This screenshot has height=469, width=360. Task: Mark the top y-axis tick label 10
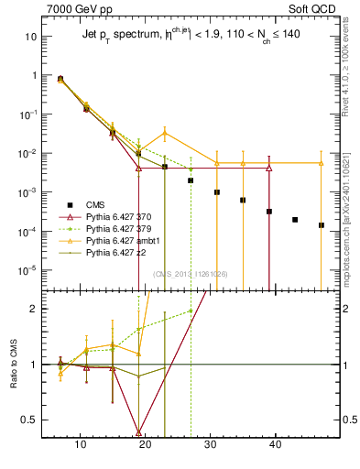click(x=31, y=37)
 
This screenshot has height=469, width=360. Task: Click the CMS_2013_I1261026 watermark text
click(x=191, y=274)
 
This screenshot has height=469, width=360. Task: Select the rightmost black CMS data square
click(x=321, y=224)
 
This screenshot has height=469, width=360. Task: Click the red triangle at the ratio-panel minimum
click(x=138, y=431)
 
